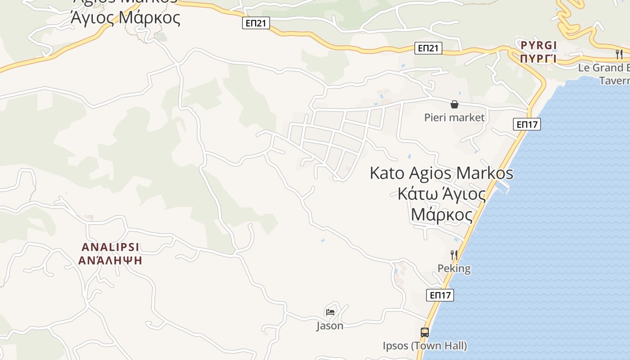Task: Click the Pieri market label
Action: (454, 117)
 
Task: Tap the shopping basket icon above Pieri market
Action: (454, 104)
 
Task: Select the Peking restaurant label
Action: (454, 269)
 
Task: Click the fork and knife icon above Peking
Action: (454, 255)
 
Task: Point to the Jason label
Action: (330, 326)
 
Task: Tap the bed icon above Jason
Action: (330, 312)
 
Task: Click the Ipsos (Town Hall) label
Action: (424, 346)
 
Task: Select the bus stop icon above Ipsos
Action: (424, 333)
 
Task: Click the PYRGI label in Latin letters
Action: (539, 45)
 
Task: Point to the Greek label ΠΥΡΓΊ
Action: (539, 58)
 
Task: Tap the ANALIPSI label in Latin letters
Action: (110, 247)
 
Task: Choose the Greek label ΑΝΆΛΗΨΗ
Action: (110, 261)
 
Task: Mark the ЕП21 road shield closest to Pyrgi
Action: (428, 48)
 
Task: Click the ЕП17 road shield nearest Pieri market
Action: (526, 124)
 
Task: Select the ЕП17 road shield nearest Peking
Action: (440, 295)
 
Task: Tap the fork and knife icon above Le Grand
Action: (619, 54)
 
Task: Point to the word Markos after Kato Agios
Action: (485, 173)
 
